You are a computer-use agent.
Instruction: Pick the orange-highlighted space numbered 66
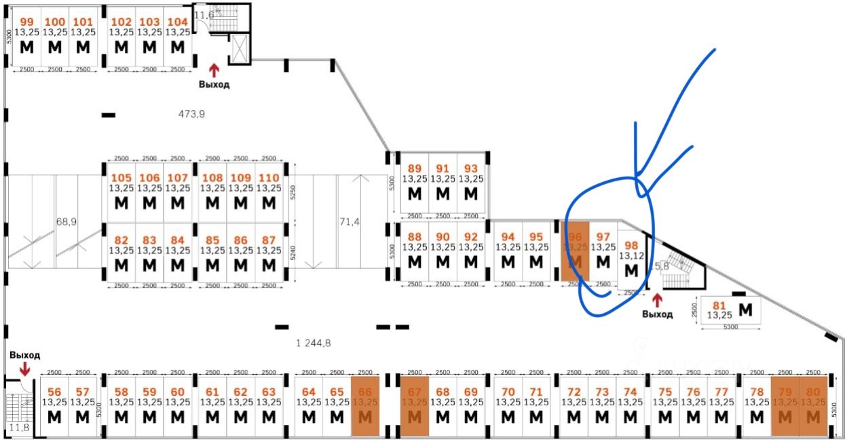click(x=365, y=406)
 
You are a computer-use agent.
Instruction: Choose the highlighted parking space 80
click(x=812, y=406)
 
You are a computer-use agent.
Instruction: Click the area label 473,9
click(x=191, y=114)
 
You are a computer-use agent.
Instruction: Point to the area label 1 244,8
click(x=313, y=343)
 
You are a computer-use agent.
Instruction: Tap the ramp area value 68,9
click(x=66, y=222)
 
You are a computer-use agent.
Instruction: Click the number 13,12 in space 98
click(x=631, y=255)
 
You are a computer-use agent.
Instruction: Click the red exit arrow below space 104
click(x=214, y=69)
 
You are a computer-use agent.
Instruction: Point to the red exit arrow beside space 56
click(x=24, y=369)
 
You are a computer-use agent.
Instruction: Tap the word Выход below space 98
click(x=657, y=314)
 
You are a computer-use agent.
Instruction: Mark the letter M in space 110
click(x=269, y=202)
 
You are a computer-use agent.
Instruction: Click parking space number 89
click(x=414, y=169)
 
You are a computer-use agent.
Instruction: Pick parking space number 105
click(x=121, y=178)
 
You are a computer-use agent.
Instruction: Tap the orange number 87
click(x=269, y=240)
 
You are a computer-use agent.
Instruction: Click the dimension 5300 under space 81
click(x=730, y=327)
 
